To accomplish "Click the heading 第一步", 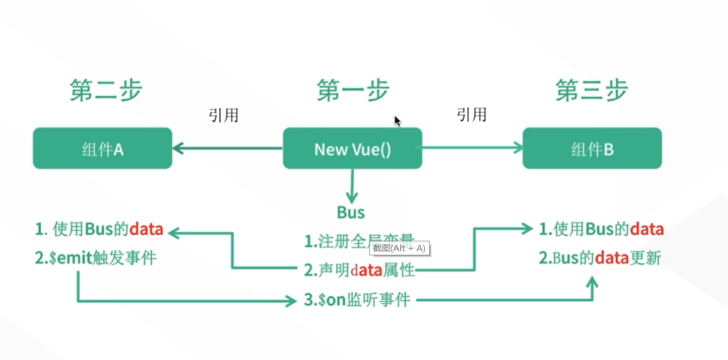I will pos(352,91).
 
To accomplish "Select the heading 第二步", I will pos(106,90).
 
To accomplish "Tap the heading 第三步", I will pos(591,91).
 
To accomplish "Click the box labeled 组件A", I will pos(102,149).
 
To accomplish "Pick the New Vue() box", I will pos(352,149).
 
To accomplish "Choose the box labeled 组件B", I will pos(592,149).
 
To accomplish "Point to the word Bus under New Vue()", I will pos(351,213).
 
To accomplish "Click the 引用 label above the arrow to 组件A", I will pos(223,115).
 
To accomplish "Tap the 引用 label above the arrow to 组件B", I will pos(471,115).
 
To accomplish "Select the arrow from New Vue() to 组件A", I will pos(227,148).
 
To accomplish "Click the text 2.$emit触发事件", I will pos(96,258).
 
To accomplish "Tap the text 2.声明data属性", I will pos(359,270).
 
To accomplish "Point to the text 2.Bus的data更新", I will pos(600,258).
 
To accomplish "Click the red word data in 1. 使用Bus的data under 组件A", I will pos(146,230).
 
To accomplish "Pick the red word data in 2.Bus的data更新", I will pos(612,258).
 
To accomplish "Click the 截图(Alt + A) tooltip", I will pos(399,248).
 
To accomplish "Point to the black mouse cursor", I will pos(397,120).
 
